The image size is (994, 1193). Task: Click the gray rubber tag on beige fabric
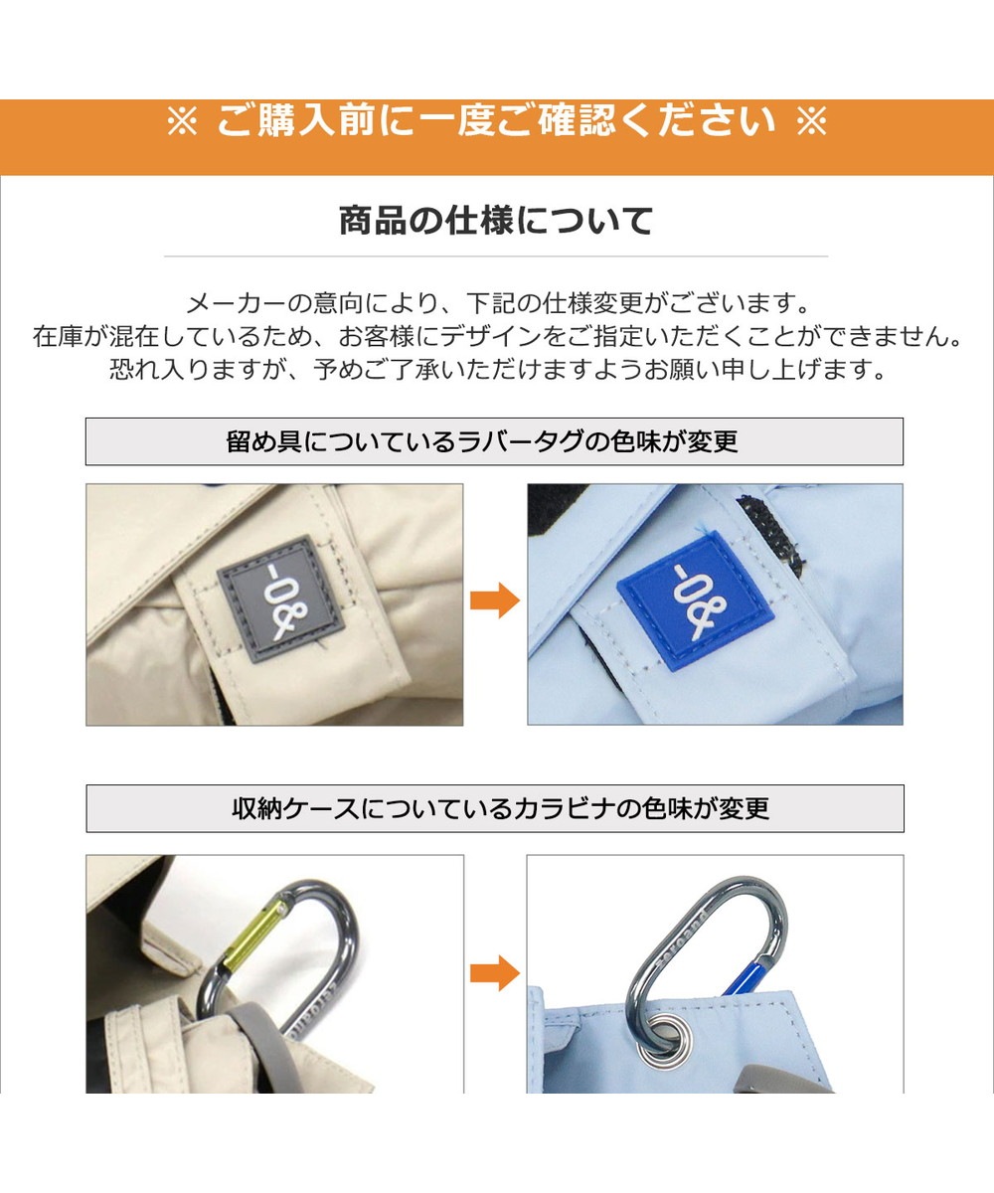point(281,598)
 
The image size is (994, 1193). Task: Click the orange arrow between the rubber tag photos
point(495,600)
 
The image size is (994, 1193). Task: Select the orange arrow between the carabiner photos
point(495,972)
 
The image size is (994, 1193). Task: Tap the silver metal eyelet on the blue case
point(664,1042)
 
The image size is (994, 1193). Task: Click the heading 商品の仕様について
point(496,221)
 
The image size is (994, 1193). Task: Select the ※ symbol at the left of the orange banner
point(182,121)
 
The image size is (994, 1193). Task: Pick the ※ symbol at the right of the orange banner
point(811,121)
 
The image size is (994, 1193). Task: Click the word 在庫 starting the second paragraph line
point(58,337)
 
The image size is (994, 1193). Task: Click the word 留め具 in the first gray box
point(264,441)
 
